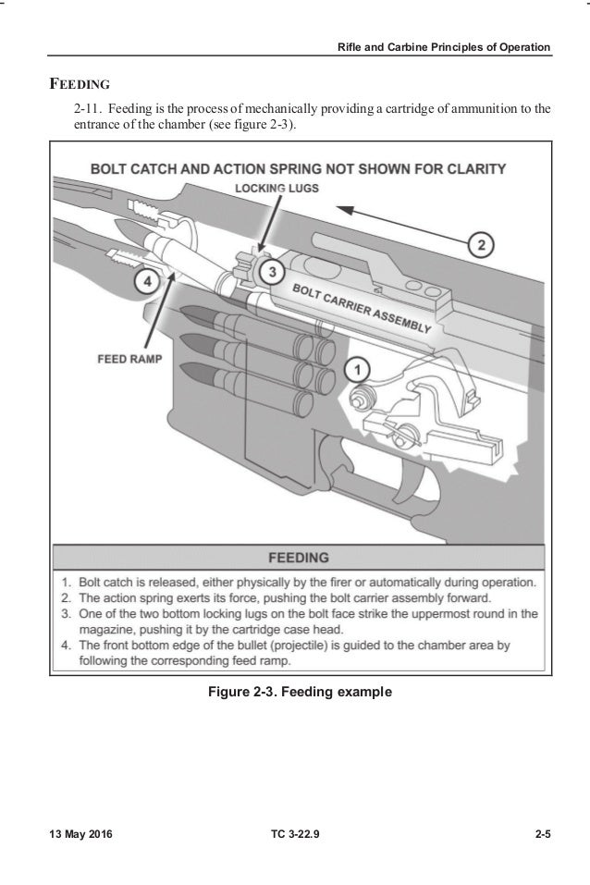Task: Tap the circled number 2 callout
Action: click(x=480, y=245)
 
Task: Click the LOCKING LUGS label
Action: click(x=277, y=189)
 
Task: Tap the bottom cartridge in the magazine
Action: click(x=268, y=377)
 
